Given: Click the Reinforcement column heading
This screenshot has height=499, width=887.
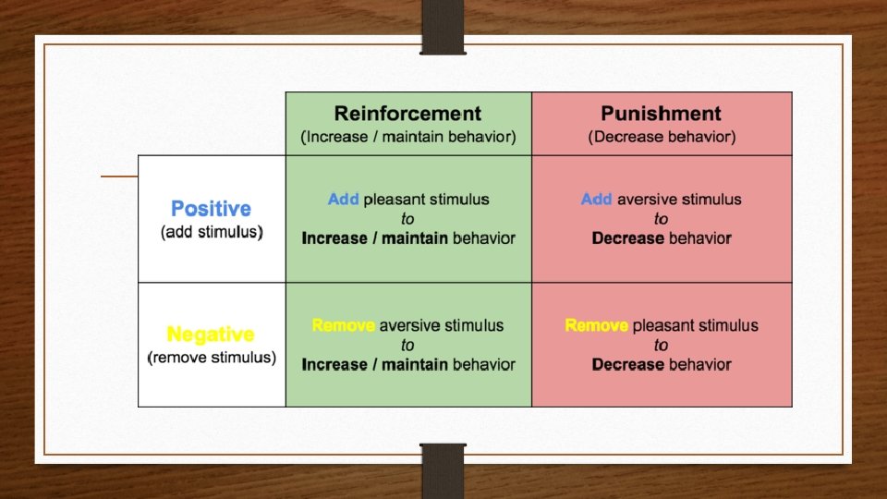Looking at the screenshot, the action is (407, 114).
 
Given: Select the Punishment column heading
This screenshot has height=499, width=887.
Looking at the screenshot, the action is (661, 114).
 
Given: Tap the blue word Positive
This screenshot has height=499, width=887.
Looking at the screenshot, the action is (211, 209).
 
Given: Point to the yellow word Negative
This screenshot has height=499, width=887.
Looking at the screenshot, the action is (210, 335).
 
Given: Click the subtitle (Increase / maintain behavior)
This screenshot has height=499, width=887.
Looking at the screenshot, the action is (407, 138).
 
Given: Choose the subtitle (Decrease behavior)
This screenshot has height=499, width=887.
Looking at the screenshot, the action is (662, 138).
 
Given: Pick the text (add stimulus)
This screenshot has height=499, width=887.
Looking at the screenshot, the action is (212, 232).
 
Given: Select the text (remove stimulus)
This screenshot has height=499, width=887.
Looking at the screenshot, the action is (212, 358).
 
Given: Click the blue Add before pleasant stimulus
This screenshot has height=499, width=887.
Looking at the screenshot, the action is (343, 199).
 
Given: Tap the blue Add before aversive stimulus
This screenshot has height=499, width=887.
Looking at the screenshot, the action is (596, 199).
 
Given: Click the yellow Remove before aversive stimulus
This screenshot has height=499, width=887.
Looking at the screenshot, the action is (343, 325).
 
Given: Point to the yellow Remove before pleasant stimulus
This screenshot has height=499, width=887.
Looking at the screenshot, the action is (596, 325).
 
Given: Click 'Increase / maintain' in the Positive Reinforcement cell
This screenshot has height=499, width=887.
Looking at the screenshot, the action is (374, 238).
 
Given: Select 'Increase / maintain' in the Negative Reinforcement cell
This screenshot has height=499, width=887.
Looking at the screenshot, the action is (374, 365).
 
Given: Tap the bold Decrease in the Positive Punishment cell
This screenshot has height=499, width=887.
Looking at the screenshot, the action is (628, 238).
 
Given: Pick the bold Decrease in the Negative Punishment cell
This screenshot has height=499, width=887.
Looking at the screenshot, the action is (628, 365).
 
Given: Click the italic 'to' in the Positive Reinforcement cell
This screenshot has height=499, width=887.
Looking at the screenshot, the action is (407, 219).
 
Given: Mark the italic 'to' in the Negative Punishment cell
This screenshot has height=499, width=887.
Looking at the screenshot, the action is (662, 346).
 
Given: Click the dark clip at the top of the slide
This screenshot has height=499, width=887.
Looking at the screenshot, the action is (443, 26).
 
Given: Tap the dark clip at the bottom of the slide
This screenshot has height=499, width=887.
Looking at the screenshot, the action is (443, 471).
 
